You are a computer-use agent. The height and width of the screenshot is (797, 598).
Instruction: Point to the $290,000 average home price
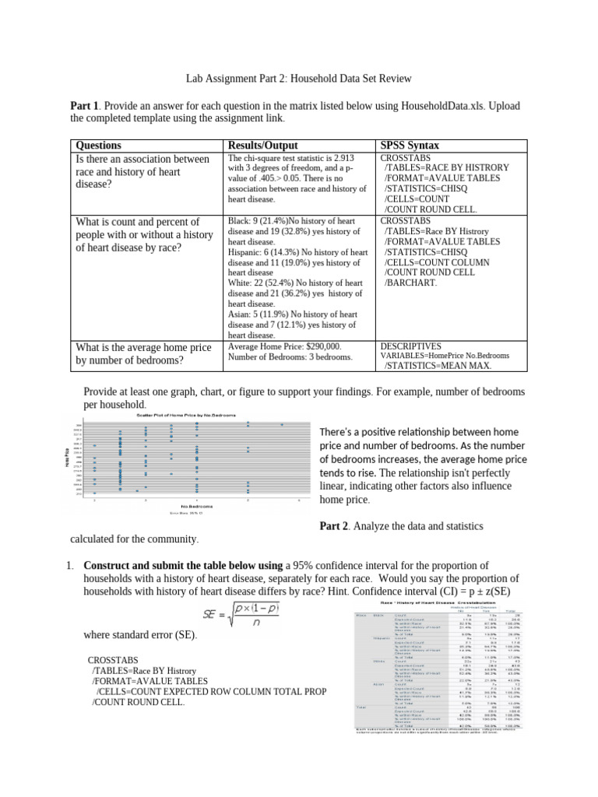[x=313, y=346]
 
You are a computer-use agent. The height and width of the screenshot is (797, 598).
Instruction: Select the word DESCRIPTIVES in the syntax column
[x=410, y=346]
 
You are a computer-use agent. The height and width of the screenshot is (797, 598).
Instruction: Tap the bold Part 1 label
[x=84, y=105]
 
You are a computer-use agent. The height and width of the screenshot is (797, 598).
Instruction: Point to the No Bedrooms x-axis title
[x=178, y=506]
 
